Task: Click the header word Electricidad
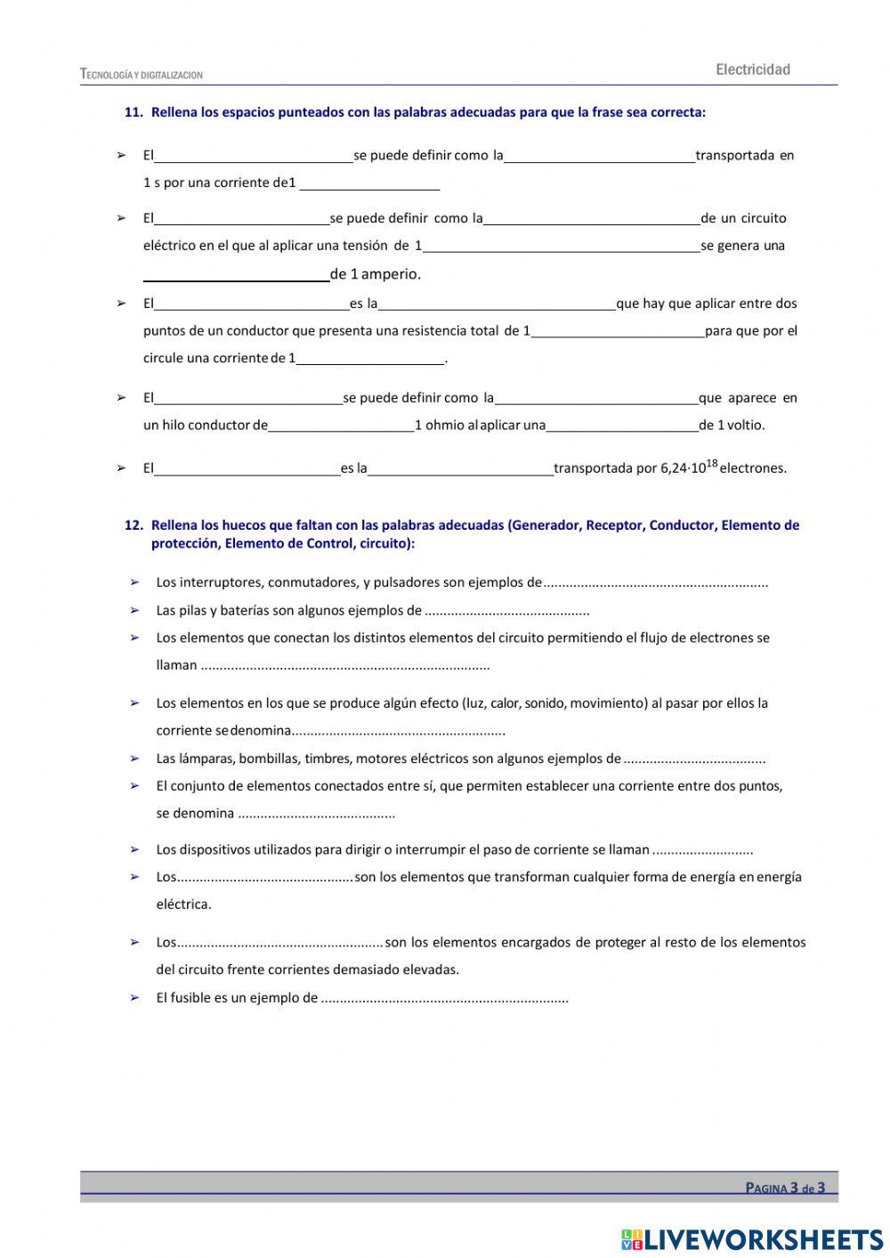pyautogui.click(x=752, y=69)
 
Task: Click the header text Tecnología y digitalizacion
pyautogui.click(x=142, y=75)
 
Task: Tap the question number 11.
pyautogui.click(x=133, y=112)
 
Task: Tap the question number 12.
pyautogui.click(x=133, y=525)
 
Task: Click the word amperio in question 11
pyautogui.click(x=390, y=274)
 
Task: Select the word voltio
pyautogui.click(x=746, y=426)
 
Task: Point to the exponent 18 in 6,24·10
pyautogui.click(x=711, y=462)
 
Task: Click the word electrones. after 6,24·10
pyautogui.click(x=753, y=468)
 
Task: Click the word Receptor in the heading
pyautogui.click(x=614, y=525)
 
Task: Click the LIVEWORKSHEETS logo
pyautogui.click(x=751, y=1238)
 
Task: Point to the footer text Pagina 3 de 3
pyautogui.click(x=785, y=1188)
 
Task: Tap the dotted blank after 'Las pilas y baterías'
pyautogui.click(x=507, y=612)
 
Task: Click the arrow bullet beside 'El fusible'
pyautogui.click(x=135, y=998)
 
